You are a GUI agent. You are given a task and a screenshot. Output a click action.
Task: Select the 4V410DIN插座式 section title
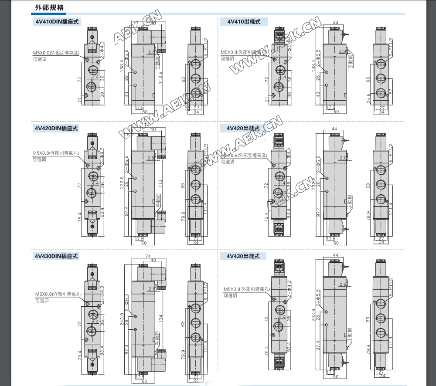pos(56,21)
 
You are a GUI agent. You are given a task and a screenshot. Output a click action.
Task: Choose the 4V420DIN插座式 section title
pos(56,129)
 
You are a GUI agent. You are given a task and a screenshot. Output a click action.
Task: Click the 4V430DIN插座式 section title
pos(56,257)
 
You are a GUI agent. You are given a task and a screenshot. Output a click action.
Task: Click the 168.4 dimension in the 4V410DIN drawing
pos(122,68)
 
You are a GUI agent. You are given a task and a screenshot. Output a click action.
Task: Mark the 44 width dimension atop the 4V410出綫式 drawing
pos(335,23)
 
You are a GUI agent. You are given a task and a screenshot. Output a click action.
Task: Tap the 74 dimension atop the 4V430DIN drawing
pos(147,256)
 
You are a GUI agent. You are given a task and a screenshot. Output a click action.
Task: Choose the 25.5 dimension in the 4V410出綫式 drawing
pos(368,98)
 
